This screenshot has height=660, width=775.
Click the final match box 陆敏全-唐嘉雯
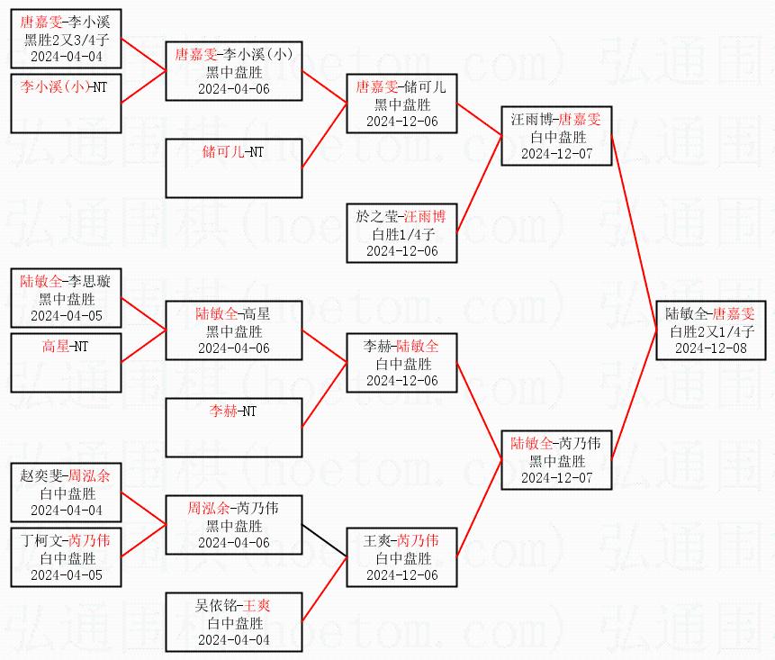coord(710,330)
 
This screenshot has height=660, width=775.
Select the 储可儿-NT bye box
coord(233,167)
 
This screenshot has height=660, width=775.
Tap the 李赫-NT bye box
coord(233,427)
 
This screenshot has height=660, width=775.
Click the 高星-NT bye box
coord(65,361)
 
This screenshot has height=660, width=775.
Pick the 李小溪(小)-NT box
coord(65,102)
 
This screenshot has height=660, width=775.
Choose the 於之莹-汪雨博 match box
coord(402,233)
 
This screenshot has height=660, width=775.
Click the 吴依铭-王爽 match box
coord(233,621)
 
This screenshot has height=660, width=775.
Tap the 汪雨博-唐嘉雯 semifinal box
coord(555,136)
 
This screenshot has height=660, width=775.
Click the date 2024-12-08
coord(710,348)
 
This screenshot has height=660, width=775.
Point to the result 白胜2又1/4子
coord(710,331)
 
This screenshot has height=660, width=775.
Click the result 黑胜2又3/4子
coord(65,40)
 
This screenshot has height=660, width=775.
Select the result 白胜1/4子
coord(402,234)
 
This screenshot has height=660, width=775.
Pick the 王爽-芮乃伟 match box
coord(402,556)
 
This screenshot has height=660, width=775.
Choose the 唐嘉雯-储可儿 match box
coord(402,104)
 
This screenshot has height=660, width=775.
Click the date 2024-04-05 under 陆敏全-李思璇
coord(65,315)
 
